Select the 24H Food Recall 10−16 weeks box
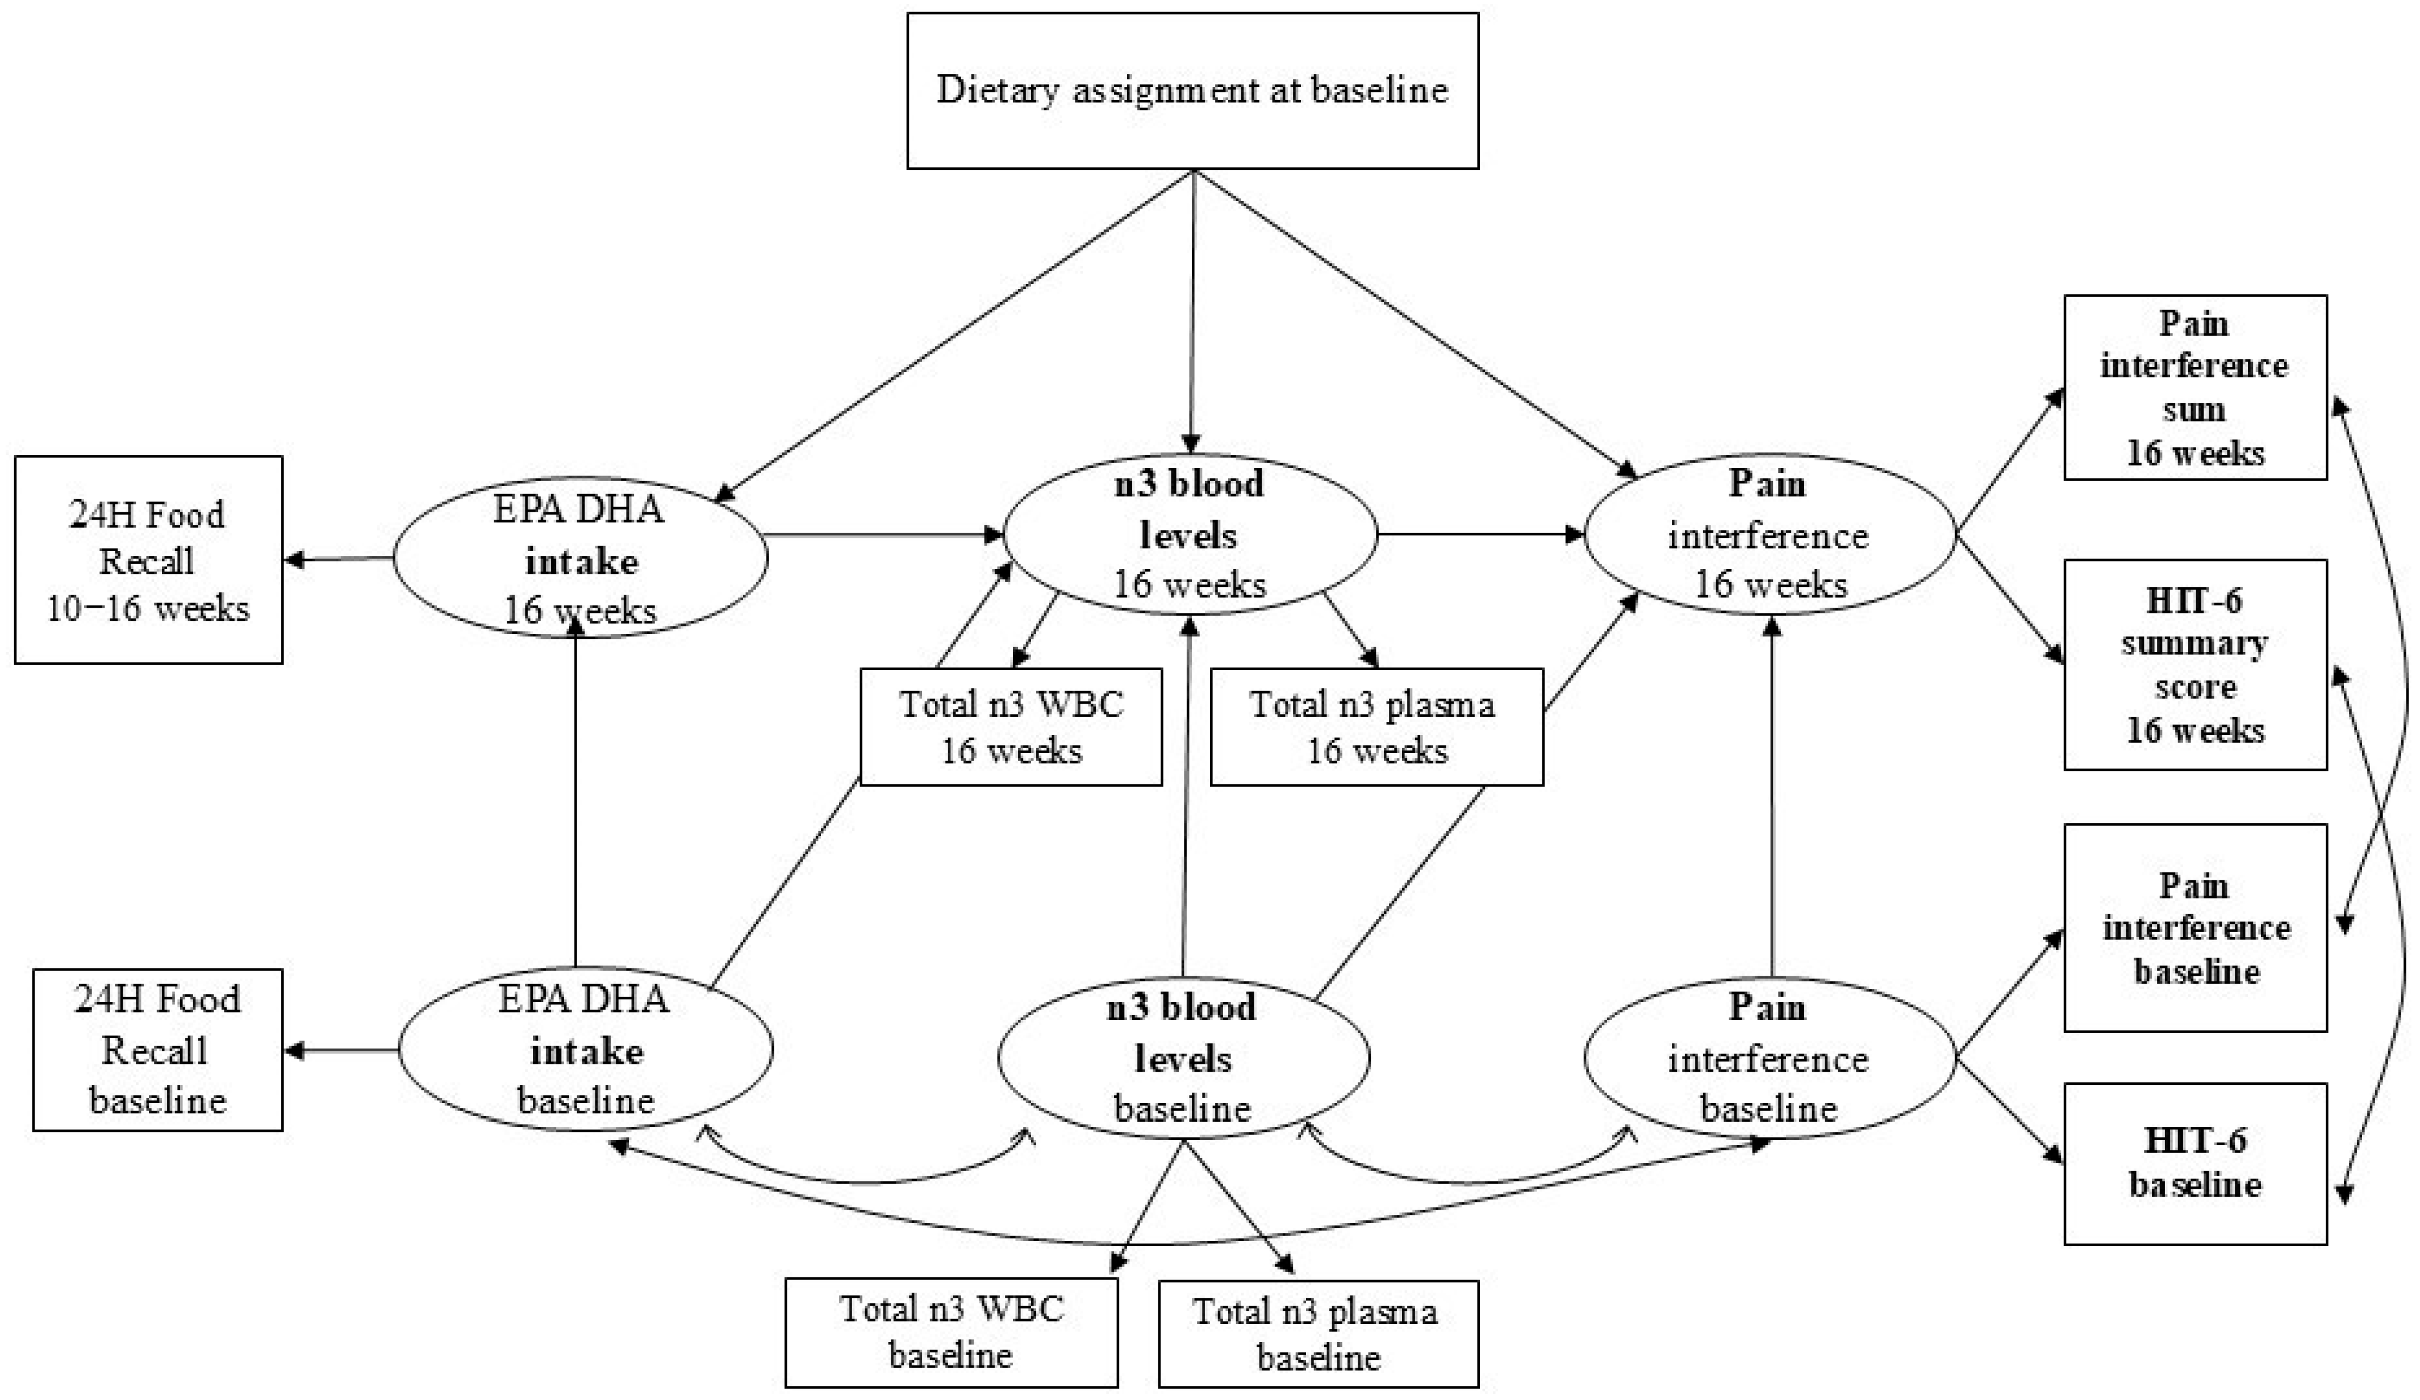point(149,560)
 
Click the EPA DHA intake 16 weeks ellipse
point(580,559)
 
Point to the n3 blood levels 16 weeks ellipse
point(1189,534)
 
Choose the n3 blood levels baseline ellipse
point(1183,1057)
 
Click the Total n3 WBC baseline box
point(951,1332)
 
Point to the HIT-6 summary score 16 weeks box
point(2195,665)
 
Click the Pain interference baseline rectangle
point(2195,927)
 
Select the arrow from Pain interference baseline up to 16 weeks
point(1772,797)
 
